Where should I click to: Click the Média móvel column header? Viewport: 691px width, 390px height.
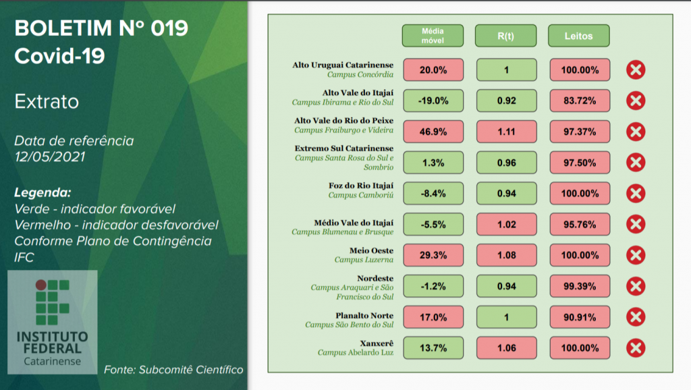point(433,36)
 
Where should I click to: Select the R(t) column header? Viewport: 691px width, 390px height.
point(506,36)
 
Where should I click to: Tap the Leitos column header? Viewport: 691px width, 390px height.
point(579,36)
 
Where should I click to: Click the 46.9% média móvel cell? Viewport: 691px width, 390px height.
point(433,132)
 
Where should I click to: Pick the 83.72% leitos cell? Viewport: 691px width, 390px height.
point(579,101)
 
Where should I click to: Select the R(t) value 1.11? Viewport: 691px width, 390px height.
point(506,132)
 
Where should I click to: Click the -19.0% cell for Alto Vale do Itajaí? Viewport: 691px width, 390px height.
point(433,101)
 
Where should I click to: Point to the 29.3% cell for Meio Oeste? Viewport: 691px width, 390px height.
point(433,256)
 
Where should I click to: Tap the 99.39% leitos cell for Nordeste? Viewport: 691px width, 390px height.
point(579,286)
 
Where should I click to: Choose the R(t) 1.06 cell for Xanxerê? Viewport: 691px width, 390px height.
point(506,348)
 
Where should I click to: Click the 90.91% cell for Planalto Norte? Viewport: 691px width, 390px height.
point(579,317)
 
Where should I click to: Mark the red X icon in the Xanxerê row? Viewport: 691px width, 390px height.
point(636,348)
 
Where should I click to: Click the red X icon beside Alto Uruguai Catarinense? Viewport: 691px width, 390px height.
point(636,69)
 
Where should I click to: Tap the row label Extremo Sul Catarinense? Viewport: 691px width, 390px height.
point(344,148)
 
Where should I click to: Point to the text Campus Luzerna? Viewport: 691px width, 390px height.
point(364,259)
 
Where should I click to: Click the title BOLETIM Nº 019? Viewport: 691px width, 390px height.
point(101,29)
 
